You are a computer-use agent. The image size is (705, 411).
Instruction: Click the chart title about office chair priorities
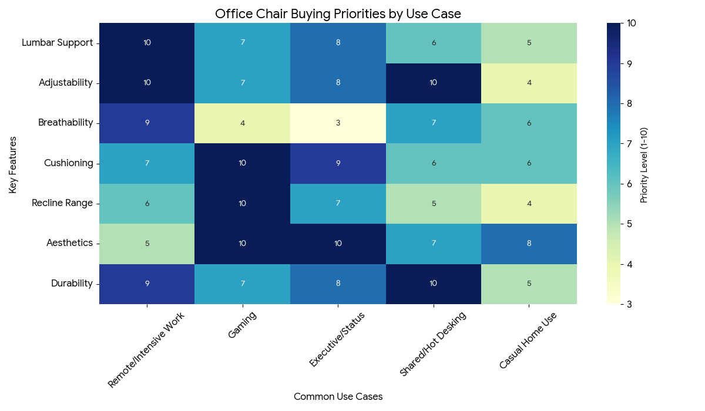pyautogui.click(x=338, y=14)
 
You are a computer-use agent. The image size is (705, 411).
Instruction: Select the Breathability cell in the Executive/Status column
pyautogui.click(x=338, y=123)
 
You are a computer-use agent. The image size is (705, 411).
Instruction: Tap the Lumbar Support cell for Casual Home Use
pyautogui.click(x=529, y=43)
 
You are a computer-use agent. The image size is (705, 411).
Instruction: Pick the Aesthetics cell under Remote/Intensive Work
pyautogui.click(x=147, y=243)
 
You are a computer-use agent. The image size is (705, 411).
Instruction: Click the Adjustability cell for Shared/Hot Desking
pyautogui.click(x=434, y=83)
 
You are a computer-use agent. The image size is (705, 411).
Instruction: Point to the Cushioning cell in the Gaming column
pyautogui.click(x=243, y=163)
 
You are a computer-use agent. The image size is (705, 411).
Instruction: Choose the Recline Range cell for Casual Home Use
pyautogui.click(x=529, y=203)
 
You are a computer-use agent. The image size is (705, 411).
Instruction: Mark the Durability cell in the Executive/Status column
pyautogui.click(x=338, y=284)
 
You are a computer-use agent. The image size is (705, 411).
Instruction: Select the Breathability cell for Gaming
pyautogui.click(x=243, y=123)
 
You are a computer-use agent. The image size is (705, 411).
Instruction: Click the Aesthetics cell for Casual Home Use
pyautogui.click(x=529, y=243)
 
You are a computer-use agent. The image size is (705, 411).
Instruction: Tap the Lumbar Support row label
pyautogui.click(x=57, y=43)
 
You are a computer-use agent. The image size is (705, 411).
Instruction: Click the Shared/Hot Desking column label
pyautogui.click(x=433, y=343)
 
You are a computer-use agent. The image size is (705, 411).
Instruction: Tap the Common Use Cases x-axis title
pyautogui.click(x=338, y=397)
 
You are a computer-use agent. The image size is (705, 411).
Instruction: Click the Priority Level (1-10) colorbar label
pyautogui.click(x=644, y=163)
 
